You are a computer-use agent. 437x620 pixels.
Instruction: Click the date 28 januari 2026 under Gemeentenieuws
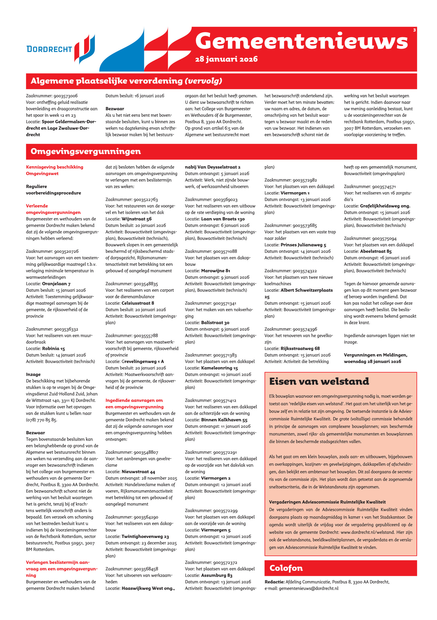point(226,59)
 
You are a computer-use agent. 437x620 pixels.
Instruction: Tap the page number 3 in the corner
point(414,30)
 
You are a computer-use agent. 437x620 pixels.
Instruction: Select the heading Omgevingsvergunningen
point(85,151)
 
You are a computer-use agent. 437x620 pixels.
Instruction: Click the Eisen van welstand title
point(319,381)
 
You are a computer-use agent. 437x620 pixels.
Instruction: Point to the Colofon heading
point(286,568)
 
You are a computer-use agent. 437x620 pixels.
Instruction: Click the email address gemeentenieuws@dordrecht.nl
point(308,588)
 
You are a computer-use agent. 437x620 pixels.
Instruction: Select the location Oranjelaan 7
point(56,284)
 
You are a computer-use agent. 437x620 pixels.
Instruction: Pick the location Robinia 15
point(54,348)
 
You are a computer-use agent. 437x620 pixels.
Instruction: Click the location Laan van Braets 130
point(223,219)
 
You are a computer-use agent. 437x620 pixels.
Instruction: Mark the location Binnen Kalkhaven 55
point(224,420)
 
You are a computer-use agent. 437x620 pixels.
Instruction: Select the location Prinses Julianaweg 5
point(303,245)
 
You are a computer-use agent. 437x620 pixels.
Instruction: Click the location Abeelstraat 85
point(376,251)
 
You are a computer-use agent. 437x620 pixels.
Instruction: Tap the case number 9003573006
point(66,96)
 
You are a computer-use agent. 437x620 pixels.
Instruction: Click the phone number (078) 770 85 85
point(41,420)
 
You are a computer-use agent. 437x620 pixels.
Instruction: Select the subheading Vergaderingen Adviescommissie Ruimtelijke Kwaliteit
point(327,502)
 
